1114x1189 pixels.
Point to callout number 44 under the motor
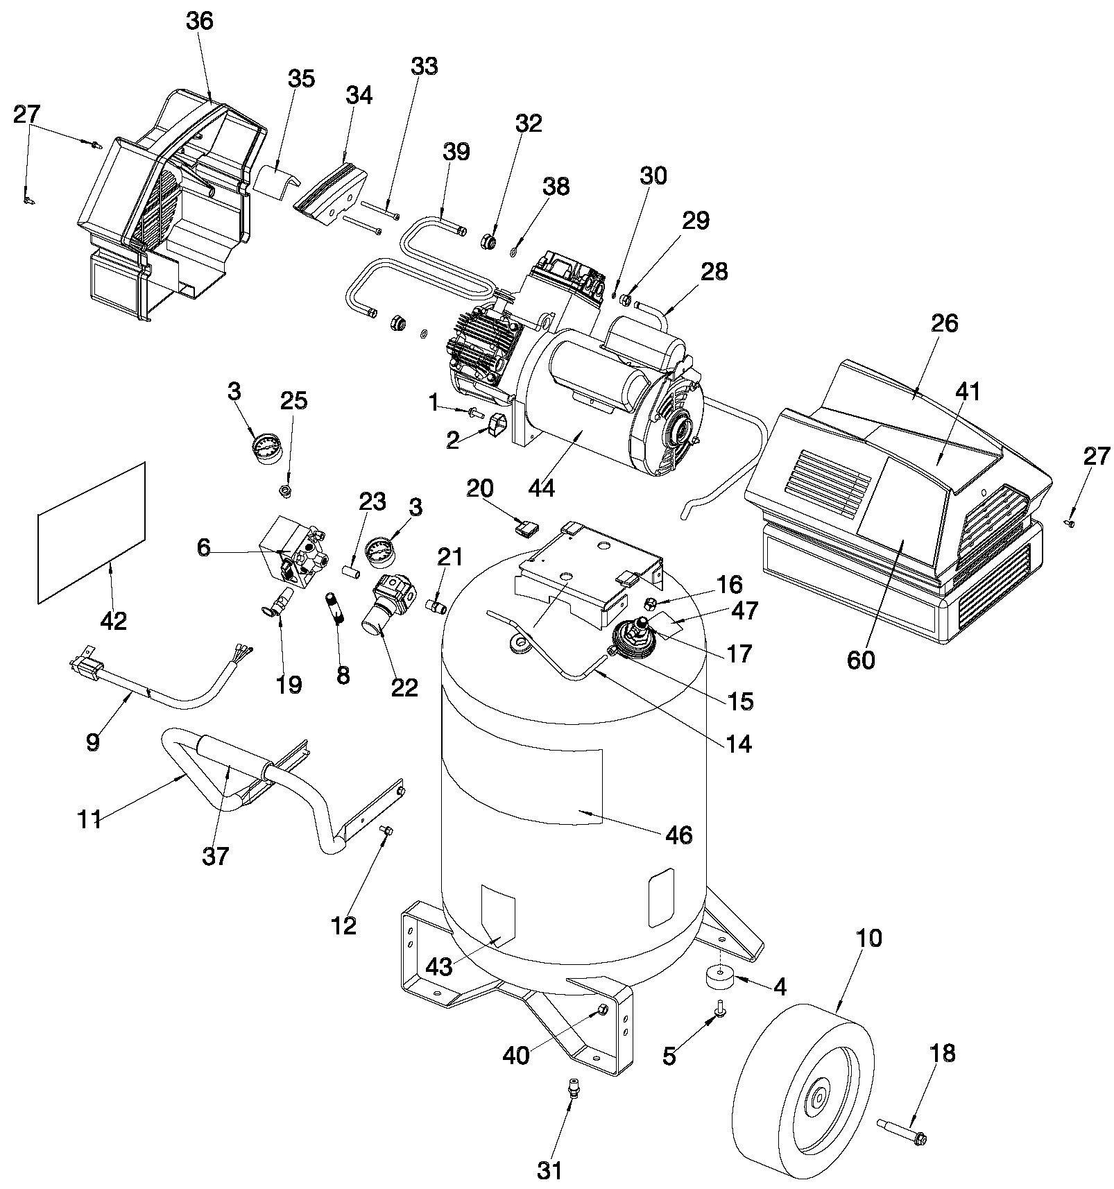(541, 488)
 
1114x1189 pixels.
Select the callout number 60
(861, 660)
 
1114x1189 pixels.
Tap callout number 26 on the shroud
(944, 323)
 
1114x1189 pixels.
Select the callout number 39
(456, 152)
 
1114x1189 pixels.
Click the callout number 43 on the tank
(439, 966)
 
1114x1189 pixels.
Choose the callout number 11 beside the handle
(90, 819)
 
